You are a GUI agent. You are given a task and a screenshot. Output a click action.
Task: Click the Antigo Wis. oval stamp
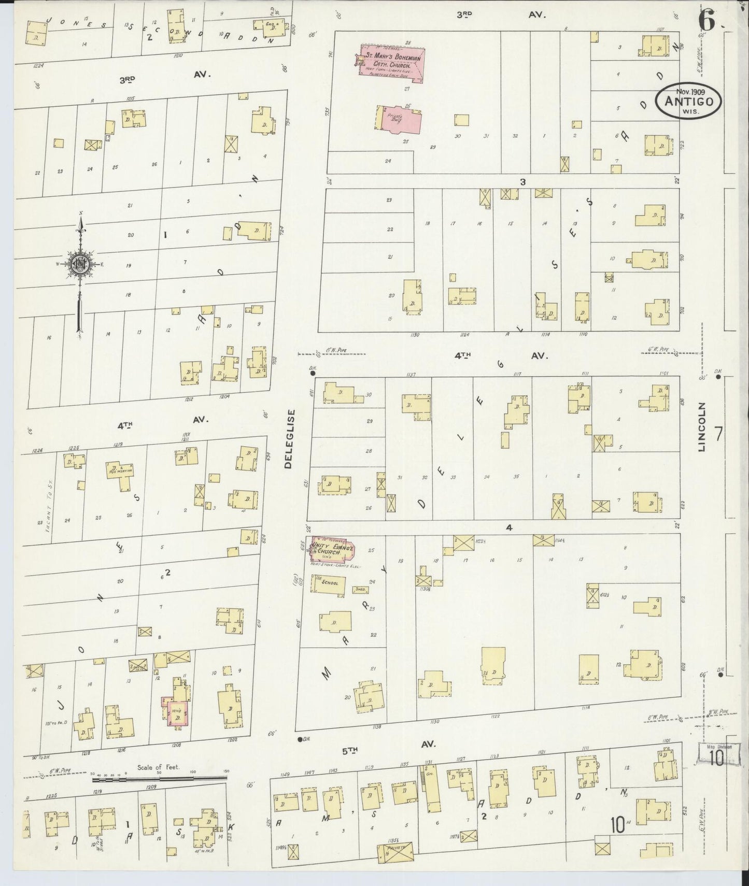click(x=688, y=101)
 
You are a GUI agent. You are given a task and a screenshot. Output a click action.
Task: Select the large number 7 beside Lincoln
click(x=718, y=433)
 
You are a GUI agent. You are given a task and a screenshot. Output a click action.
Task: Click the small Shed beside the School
click(x=360, y=589)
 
